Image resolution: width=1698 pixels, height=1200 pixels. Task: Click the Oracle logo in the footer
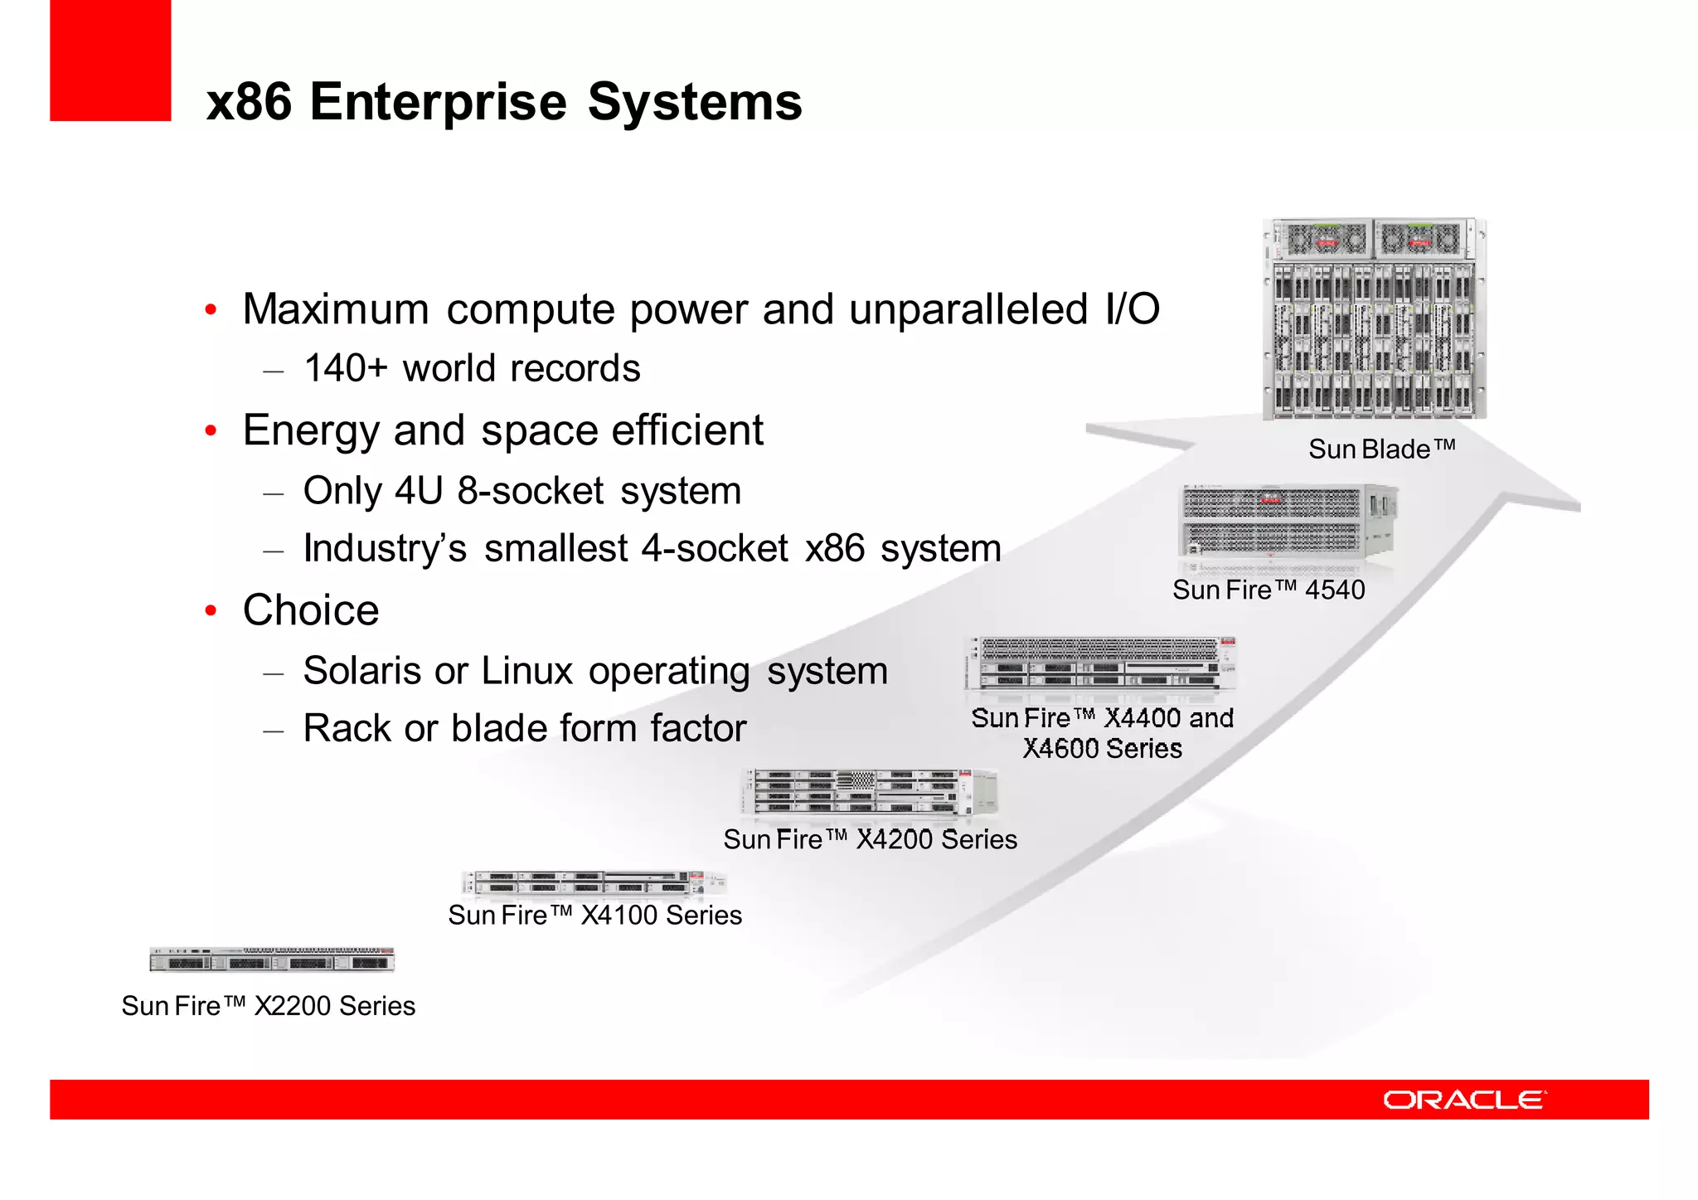point(1463,1100)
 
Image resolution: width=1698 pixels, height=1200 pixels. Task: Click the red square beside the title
point(110,61)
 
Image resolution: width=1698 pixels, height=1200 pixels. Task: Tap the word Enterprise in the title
point(438,102)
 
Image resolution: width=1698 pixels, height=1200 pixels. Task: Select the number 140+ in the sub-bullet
point(345,368)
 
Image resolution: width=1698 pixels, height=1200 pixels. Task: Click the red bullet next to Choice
point(211,611)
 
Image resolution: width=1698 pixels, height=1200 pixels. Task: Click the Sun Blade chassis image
point(1374,319)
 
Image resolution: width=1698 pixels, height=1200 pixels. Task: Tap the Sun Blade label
point(1381,449)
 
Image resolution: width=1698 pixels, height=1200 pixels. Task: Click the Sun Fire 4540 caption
point(1268,590)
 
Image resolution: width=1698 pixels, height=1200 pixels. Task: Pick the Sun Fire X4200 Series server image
point(869,791)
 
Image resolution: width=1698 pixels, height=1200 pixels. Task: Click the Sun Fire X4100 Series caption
point(594,916)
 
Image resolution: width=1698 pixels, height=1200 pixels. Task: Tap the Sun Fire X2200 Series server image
point(271,959)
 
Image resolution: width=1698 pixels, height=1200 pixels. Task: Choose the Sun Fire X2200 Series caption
point(268,1006)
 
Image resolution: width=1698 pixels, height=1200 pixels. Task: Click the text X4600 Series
point(1102,749)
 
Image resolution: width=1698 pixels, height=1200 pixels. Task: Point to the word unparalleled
point(968,309)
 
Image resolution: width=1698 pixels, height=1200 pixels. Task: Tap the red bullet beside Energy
point(211,431)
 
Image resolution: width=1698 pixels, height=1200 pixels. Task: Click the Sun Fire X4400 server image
point(1100,664)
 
